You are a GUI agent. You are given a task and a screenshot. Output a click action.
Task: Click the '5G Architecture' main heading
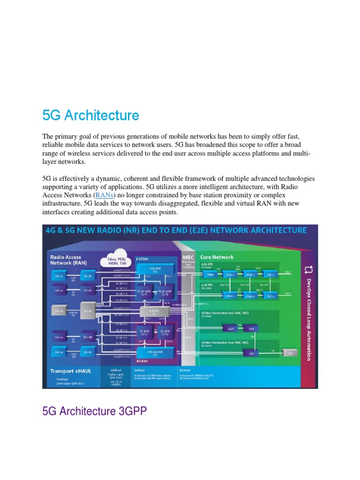click(x=90, y=115)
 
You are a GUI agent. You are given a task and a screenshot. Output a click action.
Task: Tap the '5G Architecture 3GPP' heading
click(x=94, y=412)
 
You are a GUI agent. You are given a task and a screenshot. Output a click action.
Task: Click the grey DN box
click(x=289, y=353)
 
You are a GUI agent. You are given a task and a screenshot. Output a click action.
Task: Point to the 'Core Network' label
click(x=217, y=257)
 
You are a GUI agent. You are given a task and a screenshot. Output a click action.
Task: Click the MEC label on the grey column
click(x=188, y=257)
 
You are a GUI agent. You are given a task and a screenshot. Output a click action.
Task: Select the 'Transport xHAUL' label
click(x=71, y=371)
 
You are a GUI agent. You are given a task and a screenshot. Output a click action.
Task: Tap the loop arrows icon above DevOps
click(x=308, y=269)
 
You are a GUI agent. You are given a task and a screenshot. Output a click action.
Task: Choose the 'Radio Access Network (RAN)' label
click(x=66, y=260)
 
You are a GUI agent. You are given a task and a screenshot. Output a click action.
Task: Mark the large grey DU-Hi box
click(x=87, y=311)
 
